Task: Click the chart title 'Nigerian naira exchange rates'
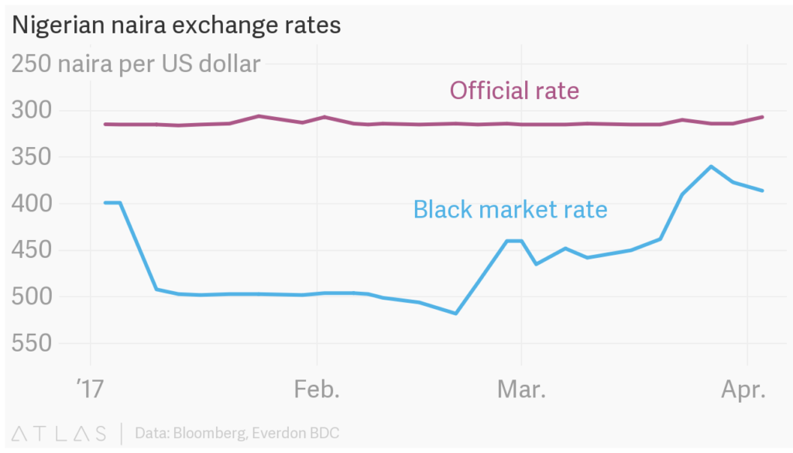coord(175,25)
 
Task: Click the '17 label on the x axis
coord(91,389)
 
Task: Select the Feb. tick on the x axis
coord(317,389)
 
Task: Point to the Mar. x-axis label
coord(521,389)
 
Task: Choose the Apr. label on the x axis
coord(743,389)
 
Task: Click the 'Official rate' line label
coord(514,91)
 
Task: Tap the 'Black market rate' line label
coord(510,209)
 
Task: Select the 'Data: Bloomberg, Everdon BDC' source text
coord(237,432)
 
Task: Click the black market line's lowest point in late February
coord(455,314)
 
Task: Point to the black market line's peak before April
coord(711,166)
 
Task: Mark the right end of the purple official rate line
coord(763,117)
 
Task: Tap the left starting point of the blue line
coord(105,203)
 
